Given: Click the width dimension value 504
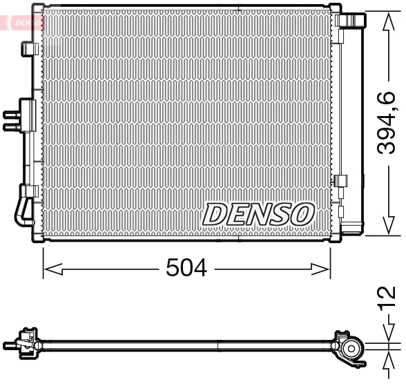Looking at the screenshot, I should pyautogui.click(x=186, y=267).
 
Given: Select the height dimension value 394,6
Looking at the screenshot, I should pyautogui.click(x=389, y=123).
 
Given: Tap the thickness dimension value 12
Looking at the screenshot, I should pyautogui.click(x=389, y=296).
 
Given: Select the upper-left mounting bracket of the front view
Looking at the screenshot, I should pyautogui.click(x=30, y=49).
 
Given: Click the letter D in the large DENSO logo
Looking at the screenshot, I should pyautogui.click(x=216, y=214).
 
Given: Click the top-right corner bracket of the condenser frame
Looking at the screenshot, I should pyautogui.click(x=336, y=10).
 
